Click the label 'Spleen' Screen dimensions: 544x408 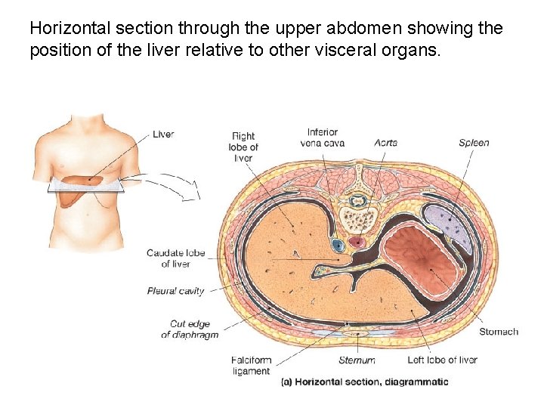click(x=474, y=143)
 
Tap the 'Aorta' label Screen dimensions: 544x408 click(x=385, y=143)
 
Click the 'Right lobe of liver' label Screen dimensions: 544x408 click(x=243, y=147)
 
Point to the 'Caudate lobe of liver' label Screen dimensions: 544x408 click(x=175, y=258)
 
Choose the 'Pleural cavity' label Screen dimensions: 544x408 click(x=175, y=291)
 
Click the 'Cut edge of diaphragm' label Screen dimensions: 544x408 click(x=190, y=329)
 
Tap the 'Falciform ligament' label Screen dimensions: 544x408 click(x=251, y=366)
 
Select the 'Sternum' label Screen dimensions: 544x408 click(x=357, y=360)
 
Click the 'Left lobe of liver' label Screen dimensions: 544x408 click(x=442, y=360)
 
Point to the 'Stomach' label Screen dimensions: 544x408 click(x=499, y=332)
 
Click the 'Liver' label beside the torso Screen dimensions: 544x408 click(x=163, y=134)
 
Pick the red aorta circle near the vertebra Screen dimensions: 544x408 click(x=356, y=243)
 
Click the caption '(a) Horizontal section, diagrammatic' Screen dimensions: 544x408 click(x=364, y=382)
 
